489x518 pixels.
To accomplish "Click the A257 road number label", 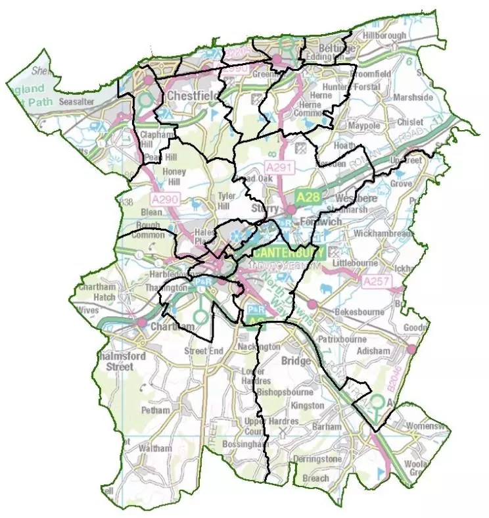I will click(x=377, y=281).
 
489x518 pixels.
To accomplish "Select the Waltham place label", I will click(x=155, y=448).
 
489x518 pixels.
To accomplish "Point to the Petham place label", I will click(x=155, y=410).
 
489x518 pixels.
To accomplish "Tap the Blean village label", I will click(x=151, y=212).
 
